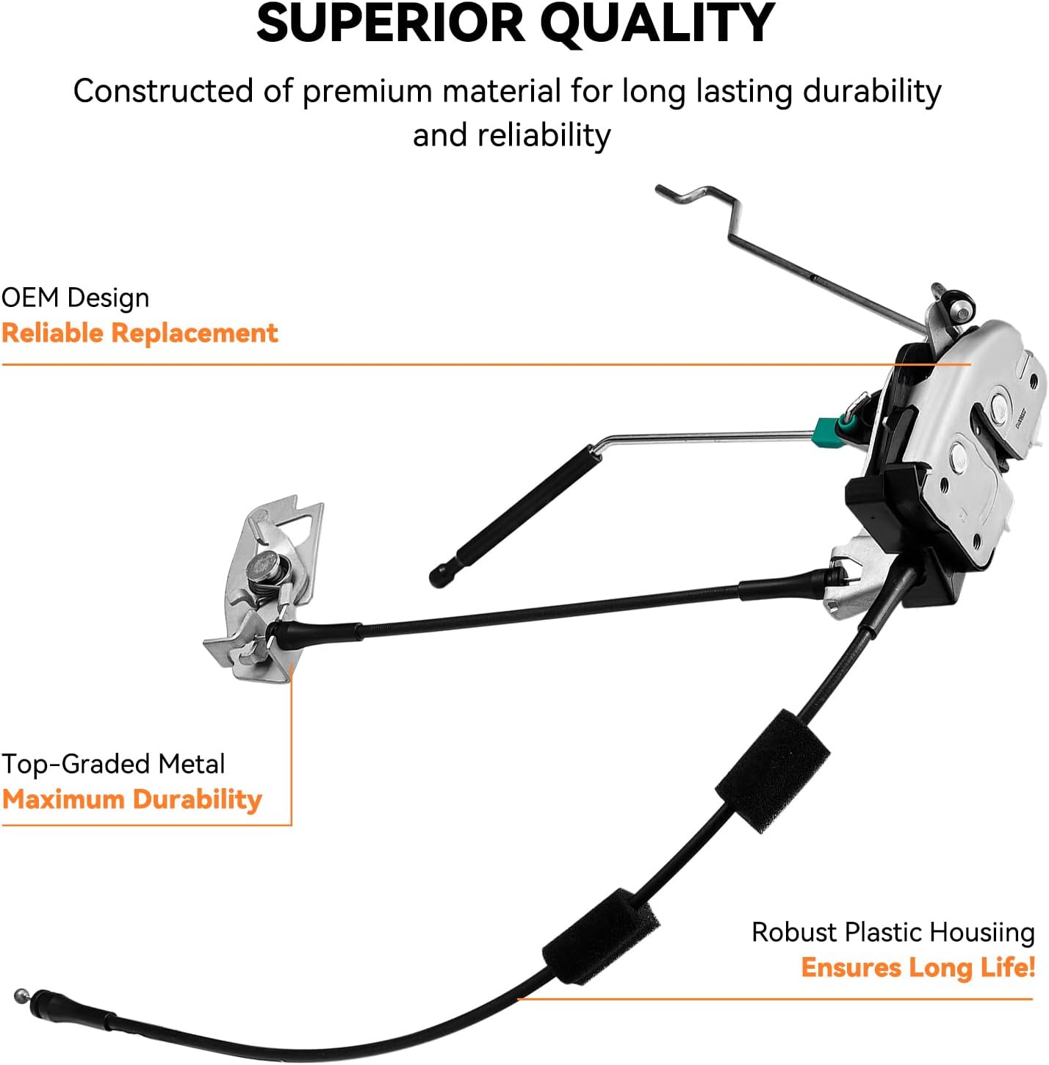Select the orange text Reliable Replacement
pyautogui.click(x=140, y=333)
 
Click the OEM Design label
pyautogui.click(x=75, y=298)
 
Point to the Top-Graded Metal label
pyautogui.click(x=113, y=765)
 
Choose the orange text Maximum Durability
pyautogui.click(x=132, y=799)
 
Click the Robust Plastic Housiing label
pyautogui.click(x=893, y=933)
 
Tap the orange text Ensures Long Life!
pyautogui.click(x=918, y=967)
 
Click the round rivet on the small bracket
pyautogui.click(x=262, y=566)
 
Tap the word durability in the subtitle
pyautogui.click(x=872, y=92)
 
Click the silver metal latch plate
pyautogui.click(x=970, y=433)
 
